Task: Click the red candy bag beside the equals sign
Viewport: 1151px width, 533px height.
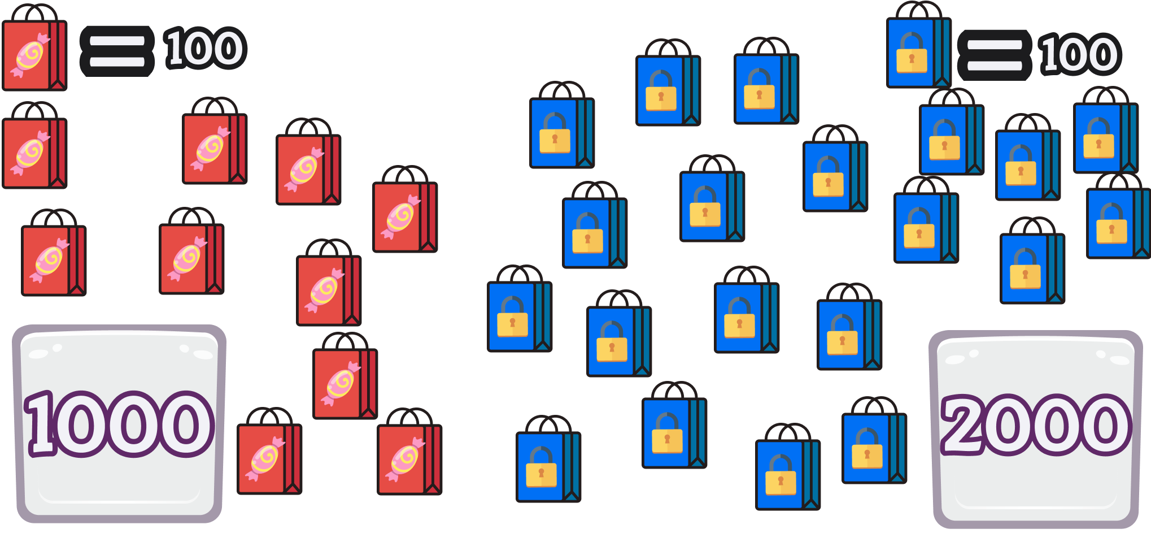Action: coord(34,54)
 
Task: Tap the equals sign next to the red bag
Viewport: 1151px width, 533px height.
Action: coord(117,51)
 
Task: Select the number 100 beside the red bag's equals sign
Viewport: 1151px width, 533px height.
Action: coord(204,49)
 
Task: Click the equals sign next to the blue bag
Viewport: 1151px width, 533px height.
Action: coord(995,55)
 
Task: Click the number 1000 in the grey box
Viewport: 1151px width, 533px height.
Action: coord(119,424)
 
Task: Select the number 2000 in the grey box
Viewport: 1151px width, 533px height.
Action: coord(1036,425)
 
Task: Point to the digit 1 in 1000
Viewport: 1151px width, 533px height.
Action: coord(42,424)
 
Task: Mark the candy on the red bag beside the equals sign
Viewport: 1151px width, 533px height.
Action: coord(30,55)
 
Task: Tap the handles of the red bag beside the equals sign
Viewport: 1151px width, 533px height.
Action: coord(35,13)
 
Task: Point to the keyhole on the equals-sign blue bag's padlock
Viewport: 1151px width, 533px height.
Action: coord(912,59)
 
